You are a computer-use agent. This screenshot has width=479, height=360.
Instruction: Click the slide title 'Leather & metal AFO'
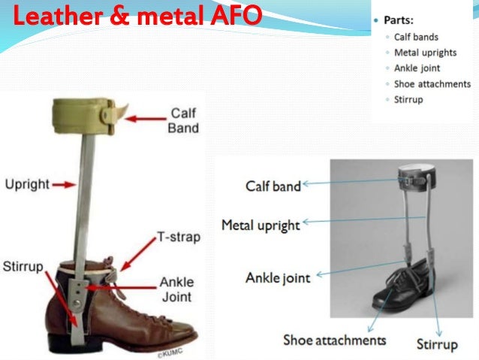(136, 16)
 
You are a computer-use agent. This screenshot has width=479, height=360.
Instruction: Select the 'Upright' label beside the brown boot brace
(26, 183)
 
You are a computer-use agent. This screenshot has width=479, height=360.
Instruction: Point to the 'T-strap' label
(179, 237)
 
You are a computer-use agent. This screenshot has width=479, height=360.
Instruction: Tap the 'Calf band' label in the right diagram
(273, 186)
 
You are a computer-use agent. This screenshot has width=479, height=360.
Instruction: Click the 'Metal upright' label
(261, 224)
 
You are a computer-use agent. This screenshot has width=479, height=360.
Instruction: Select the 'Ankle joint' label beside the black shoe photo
(277, 277)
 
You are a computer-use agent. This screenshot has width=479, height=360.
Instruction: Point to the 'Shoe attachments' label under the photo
(334, 340)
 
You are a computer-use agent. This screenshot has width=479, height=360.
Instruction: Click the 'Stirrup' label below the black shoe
(437, 345)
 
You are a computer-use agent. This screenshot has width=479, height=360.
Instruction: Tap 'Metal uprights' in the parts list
(425, 53)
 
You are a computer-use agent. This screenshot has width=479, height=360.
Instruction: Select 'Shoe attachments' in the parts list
(432, 84)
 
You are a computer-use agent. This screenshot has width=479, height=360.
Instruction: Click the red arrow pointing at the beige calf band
(147, 117)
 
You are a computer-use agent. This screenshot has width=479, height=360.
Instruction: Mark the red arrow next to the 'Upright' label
(66, 183)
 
